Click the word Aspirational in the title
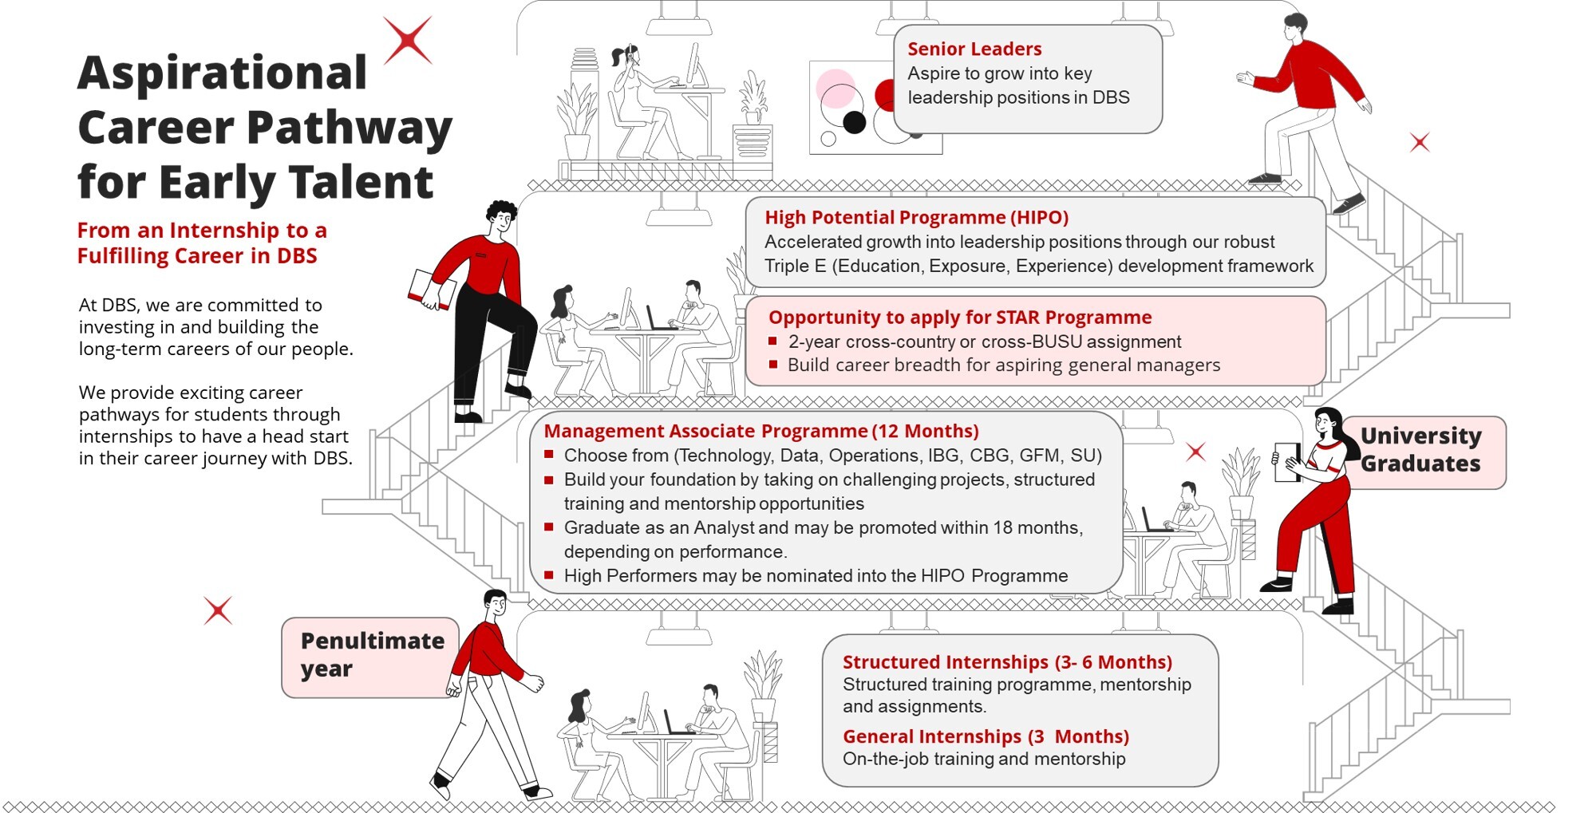coord(222,73)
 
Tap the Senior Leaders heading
coord(974,49)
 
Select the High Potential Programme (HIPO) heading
coord(916,217)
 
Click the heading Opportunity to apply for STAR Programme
coord(959,318)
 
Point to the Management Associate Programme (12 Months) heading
coord(760,431)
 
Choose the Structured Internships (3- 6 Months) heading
coord(1006,661)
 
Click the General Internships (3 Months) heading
coord(985,736)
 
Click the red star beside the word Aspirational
coord(408,40)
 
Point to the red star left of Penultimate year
coord(218,610)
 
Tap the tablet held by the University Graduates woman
coord(1286,462)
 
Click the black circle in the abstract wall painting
coord(854,122)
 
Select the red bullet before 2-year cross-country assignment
coord(772,341)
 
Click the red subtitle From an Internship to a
coord(201,231)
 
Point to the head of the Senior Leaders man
coord(1294,26)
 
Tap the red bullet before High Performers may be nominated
coord(548,574)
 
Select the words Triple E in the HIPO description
coord(794,266)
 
